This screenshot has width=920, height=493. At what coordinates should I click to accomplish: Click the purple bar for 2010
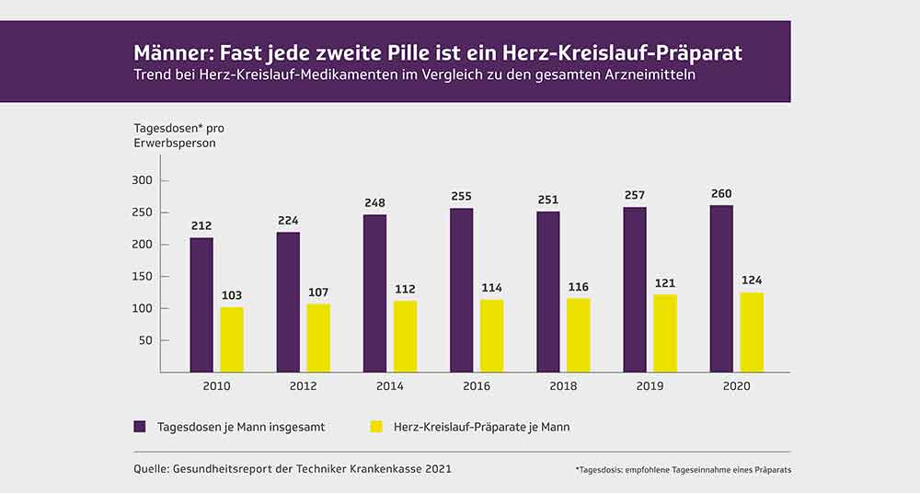coord(201,304)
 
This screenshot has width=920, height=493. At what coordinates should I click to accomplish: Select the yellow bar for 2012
coord(318,338)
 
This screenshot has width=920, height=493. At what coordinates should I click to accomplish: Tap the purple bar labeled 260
coord(721,289)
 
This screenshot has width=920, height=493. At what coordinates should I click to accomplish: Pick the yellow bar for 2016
coord(491,336)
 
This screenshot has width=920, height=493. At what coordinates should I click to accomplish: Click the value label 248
coord(375,203)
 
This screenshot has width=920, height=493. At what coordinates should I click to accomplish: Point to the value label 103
coord(232,295)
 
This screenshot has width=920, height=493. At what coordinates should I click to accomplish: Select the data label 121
coord(665,283)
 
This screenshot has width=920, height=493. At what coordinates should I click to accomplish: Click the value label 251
coord(548,200)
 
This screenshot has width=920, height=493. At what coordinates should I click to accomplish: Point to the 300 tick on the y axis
coord(142,180)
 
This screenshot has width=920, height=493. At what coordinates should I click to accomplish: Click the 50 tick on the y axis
coord(146,340)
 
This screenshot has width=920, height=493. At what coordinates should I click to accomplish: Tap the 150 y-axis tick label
coord(142,277)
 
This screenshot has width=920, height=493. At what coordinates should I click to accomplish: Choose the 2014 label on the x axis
coord(389,386)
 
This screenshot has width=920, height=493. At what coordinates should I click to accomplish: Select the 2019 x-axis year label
coord(650,386)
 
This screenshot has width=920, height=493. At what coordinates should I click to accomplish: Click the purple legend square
coord(140,427)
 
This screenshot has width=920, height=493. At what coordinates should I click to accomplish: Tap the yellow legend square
coord(376,427)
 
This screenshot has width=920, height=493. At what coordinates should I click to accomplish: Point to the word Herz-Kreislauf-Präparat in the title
coord(623,53)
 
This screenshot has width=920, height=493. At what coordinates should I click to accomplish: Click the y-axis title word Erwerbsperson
coord(175,143)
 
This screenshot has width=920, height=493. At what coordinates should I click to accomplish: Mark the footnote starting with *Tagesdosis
coord(684,470)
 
